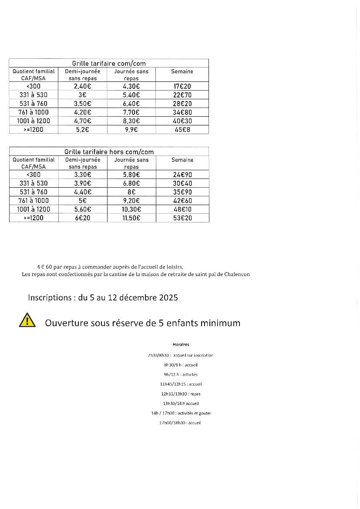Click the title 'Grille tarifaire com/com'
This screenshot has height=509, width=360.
[x=109, y=64]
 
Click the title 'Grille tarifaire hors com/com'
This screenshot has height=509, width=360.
[x=109, y=152]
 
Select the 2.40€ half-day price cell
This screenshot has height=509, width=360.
[x=82, y=86]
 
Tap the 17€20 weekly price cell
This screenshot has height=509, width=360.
[x=182, y=86]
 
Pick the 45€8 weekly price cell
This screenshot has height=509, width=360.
[x=182, y=130]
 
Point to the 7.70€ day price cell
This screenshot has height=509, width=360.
[x=131, y=112]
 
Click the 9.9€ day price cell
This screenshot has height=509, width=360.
[x=131, y=130]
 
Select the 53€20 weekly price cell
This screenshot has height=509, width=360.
[x=182, y=218]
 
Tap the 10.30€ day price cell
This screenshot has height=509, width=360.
[x=131, y=209]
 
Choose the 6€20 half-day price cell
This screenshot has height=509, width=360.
[x=82, y=218]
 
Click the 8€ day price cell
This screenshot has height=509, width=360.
[x=131, y=192]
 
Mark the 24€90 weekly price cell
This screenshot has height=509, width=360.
[x=182, y=174]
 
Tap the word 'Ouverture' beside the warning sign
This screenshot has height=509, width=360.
[x=65, y=323]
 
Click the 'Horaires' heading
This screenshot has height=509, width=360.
[x=181, y=344]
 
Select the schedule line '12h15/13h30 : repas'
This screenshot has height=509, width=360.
[x=181, y=394]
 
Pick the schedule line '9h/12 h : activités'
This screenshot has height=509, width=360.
[x=181, y=374]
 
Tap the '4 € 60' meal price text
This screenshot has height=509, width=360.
[x=45, y=266]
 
